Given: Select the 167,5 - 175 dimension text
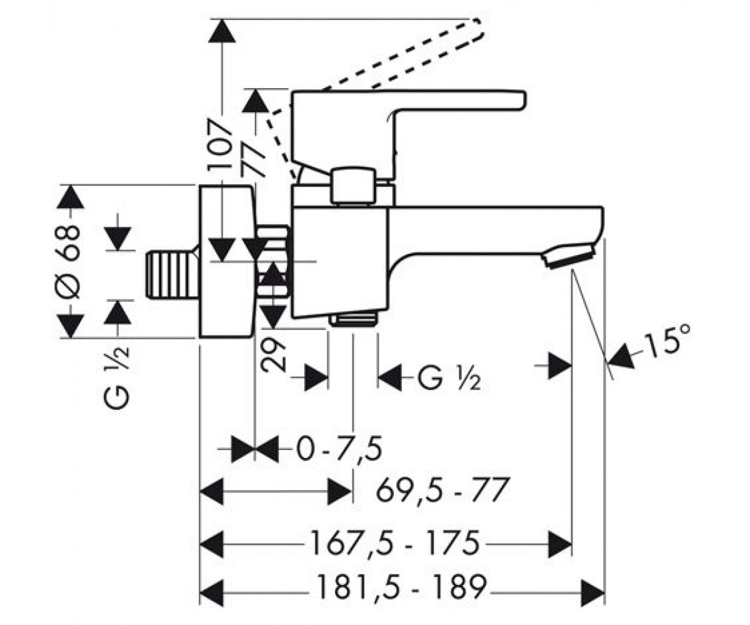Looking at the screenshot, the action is click(394, 544).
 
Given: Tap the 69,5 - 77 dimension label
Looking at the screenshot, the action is click(442, 490).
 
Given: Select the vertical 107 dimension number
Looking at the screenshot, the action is click(220, 148).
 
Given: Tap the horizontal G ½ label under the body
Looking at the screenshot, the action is click(449, 378).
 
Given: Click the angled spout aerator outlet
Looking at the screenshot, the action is click(569, 256).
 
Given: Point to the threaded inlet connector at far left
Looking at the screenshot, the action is click(172, 276).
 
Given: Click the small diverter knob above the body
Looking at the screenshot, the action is click(353, 186).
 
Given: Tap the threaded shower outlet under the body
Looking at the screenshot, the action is click(354, 319).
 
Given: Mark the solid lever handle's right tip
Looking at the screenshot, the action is click(526, 99).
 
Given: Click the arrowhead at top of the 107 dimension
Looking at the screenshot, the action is click(222, 31).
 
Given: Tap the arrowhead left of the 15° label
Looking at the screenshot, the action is click(621, 356).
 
